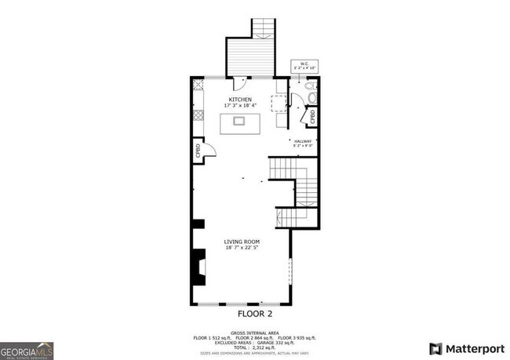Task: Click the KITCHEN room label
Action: click(239, 100)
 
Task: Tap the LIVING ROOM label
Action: click(242, 242)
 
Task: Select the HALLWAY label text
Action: click(303, 140)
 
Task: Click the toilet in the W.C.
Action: click(310, 96)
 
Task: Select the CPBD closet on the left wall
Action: click(198, 151)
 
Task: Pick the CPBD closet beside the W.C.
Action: click(311, 117)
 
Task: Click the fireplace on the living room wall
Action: click(200, 269)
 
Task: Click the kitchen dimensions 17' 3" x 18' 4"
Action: click(239, 106)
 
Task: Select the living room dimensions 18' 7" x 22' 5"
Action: click(242, 248)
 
